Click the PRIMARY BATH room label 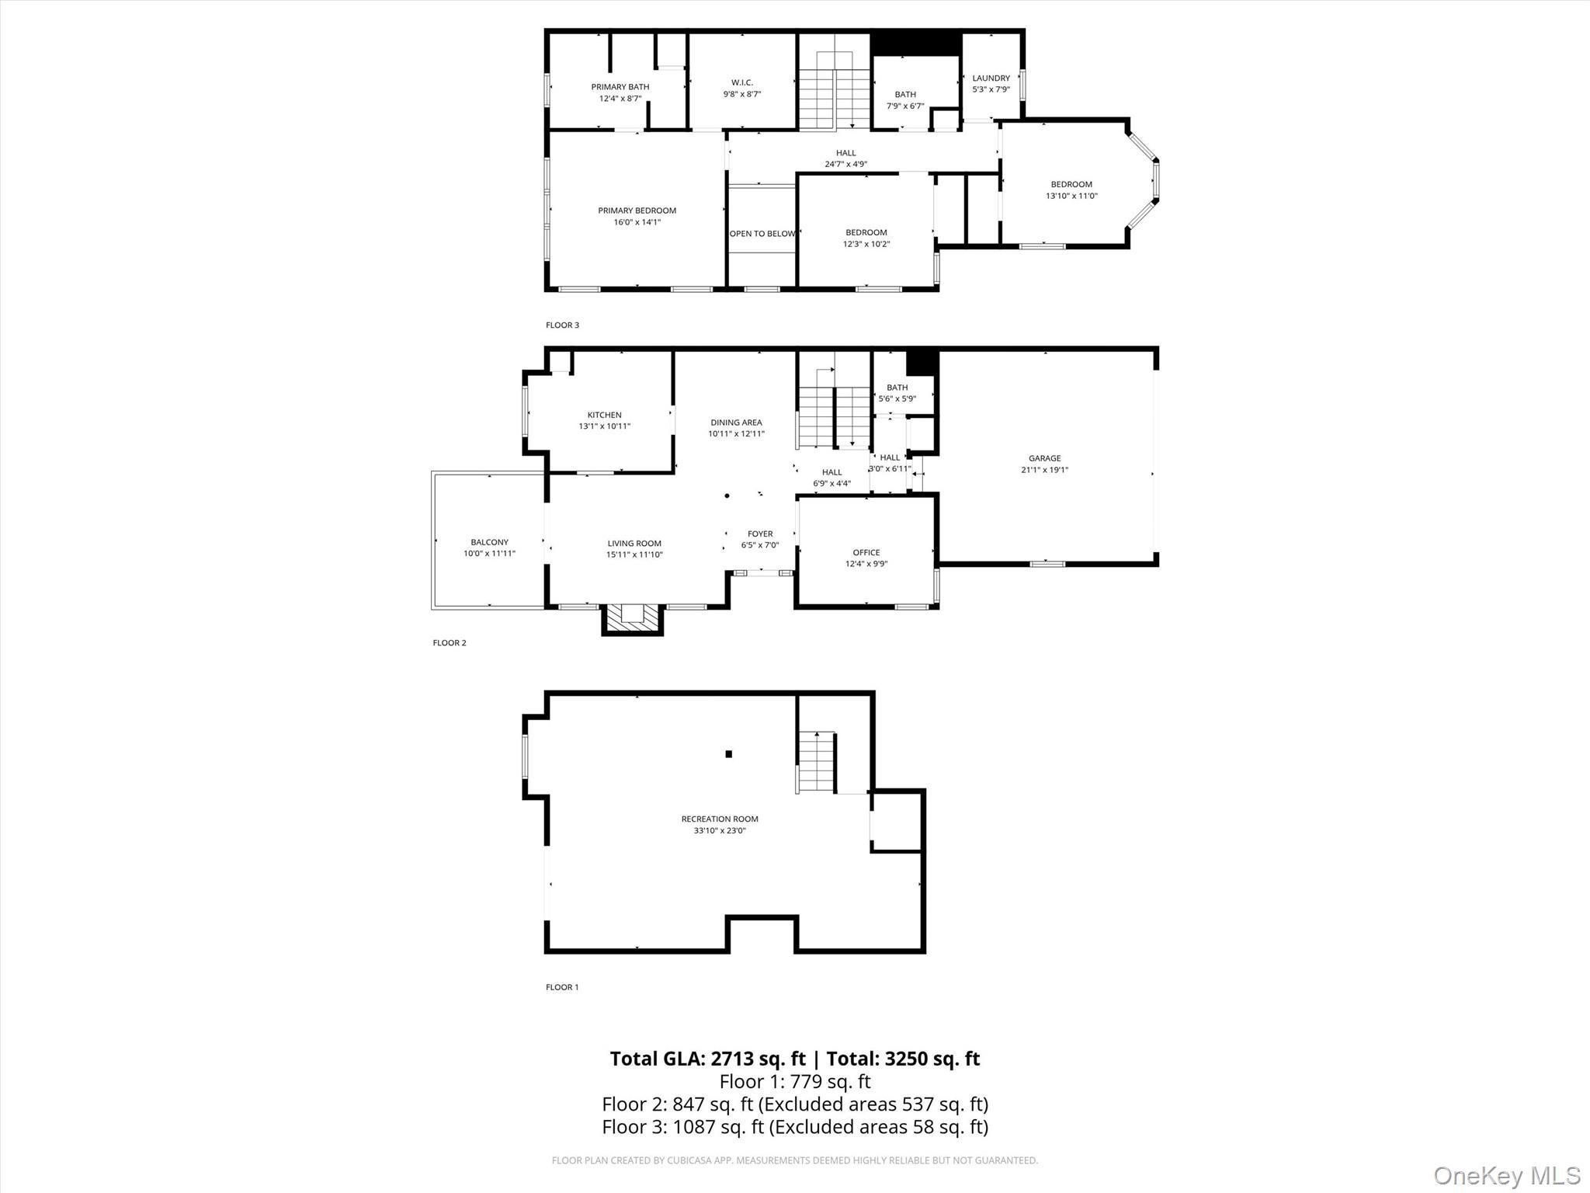click(620, 87)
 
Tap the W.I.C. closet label click(741, 82)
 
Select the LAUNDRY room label click(991, 78)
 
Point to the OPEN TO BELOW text click(762, 234)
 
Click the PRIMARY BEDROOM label click(637, 210)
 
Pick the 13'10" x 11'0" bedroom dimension click(1071, 196)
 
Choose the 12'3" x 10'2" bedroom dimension click(866, 244)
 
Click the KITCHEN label click(604, 415)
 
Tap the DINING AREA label click(736, 423)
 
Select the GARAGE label click(1044, 458)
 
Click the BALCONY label click(489, 542)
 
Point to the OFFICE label click(866, 553)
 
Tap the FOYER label click(760, 534)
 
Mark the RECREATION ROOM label click(720, 819)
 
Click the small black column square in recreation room click(728, 753)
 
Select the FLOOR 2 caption click(450, 643)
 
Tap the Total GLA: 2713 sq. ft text click(707, 1059)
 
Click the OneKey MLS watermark click(1506, 1175)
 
